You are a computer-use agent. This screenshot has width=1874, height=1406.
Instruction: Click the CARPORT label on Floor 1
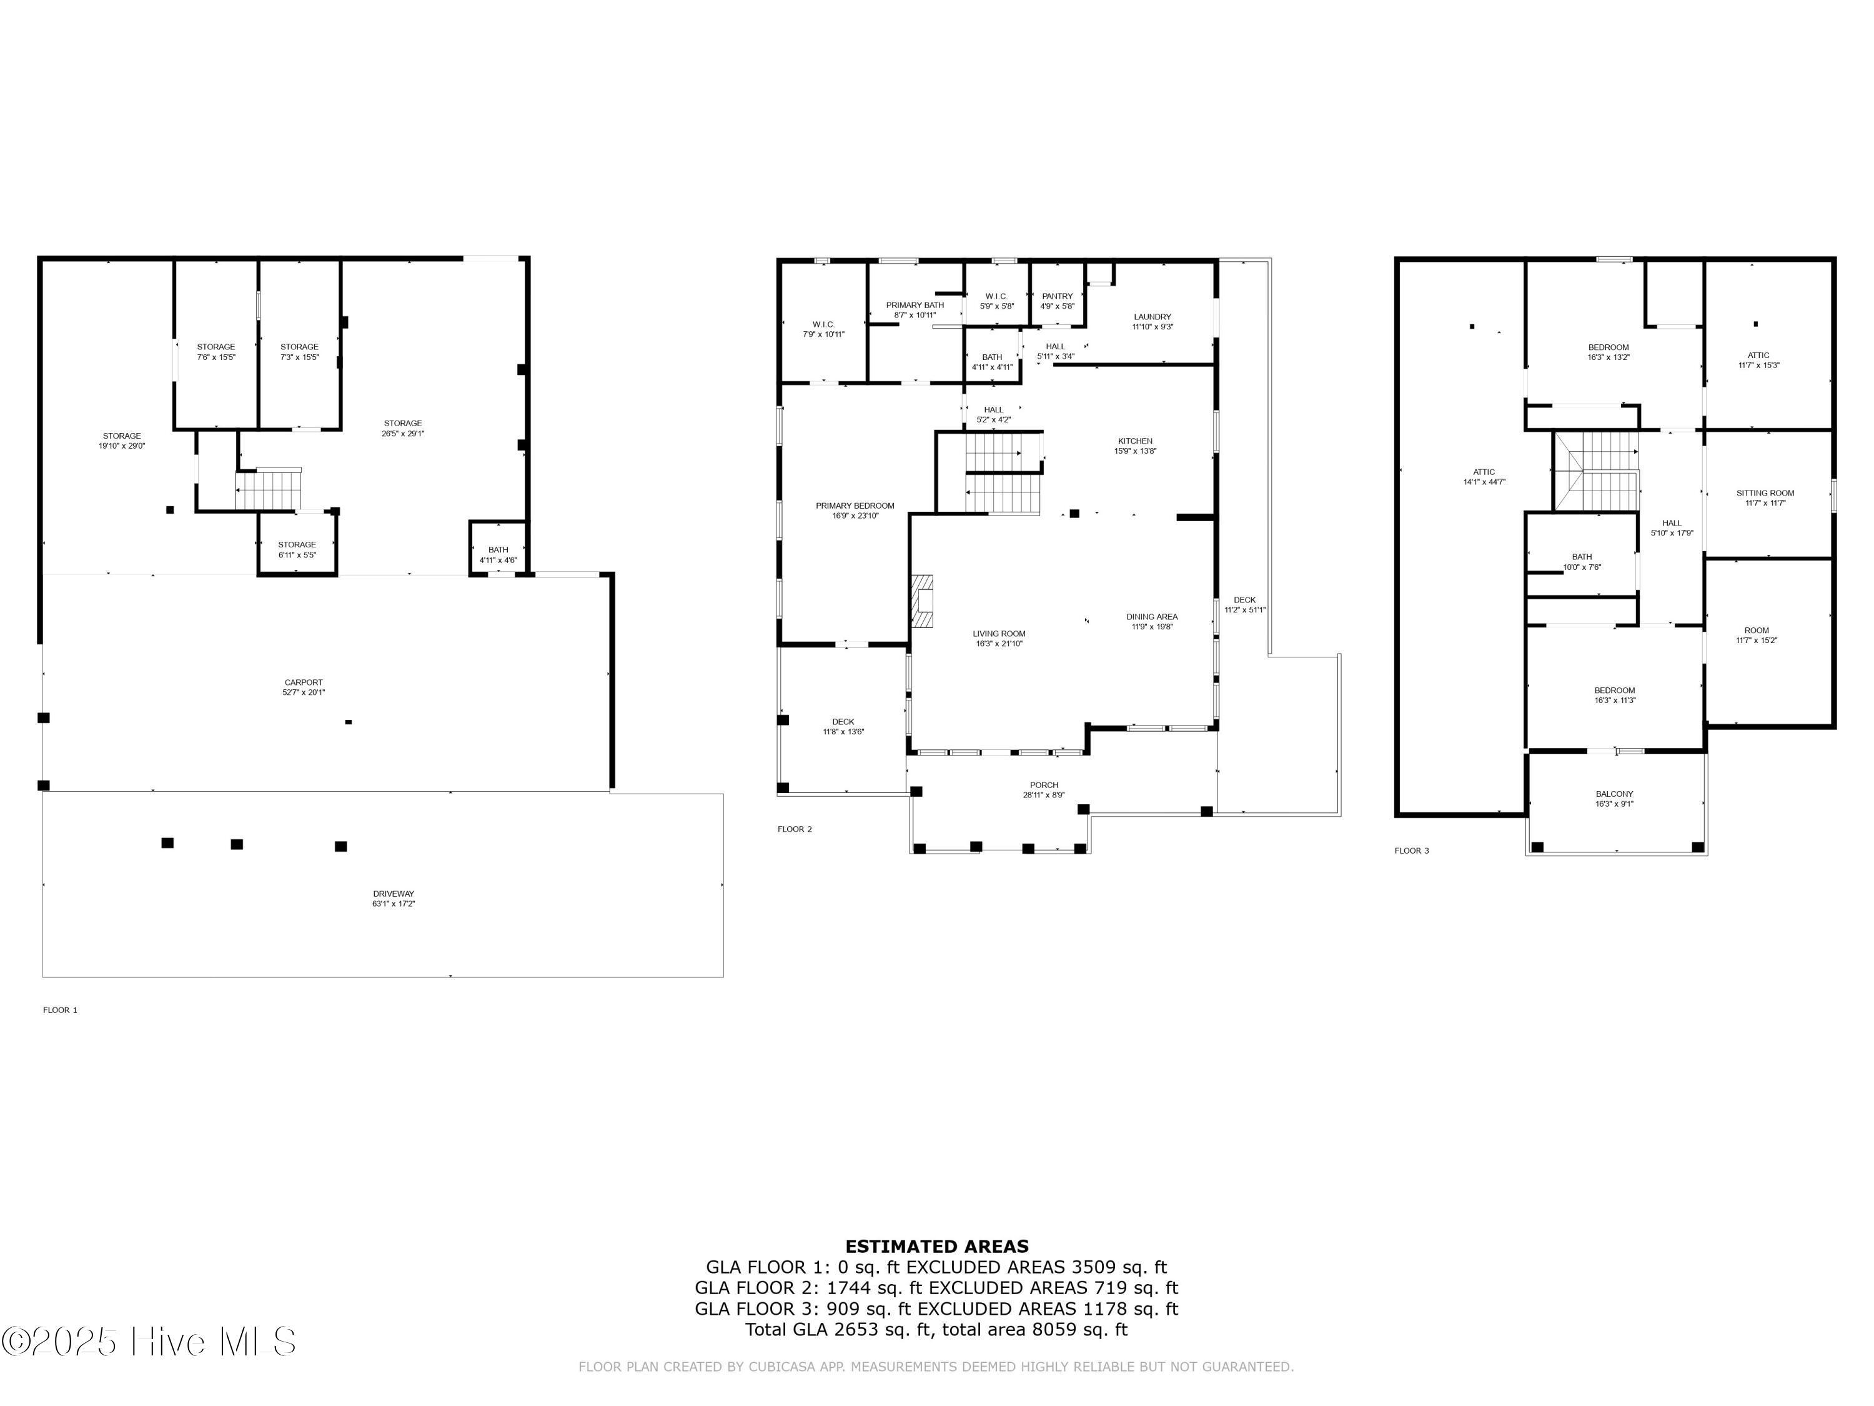pyautogui.click(x=304, y=682)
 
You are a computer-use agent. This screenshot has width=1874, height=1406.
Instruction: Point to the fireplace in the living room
pyautogui.click(x=922, y=601)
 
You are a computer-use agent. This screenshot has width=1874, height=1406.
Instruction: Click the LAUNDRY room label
pyautogui.click(x=1151, y=317)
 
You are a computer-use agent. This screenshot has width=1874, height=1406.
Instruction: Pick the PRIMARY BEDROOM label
pyautogui.click(x=854, y=506)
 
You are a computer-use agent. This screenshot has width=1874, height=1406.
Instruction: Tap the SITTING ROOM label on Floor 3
pyautogui.click(x=1765, y=493)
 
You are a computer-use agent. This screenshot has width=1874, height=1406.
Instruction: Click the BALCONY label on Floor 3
pyautogui.click(x=1614, y=794)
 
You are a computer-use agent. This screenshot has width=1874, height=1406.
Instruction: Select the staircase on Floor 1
pyautogui.click(x=268, y=490)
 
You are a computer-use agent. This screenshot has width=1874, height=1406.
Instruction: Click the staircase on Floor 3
pyautogui.click(x=1597, y=471)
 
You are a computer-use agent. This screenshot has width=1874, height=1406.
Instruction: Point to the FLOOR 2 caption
pyautogui.click(x=794, y=829)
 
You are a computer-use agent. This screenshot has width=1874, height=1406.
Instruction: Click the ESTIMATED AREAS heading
pyautogui.click(x=936, y=1247)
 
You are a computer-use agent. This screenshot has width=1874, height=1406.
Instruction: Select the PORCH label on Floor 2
pyautogui.click(x=1044, y=785)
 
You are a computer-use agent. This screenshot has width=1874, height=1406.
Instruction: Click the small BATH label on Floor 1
pyautogui.click(x=498, y=550)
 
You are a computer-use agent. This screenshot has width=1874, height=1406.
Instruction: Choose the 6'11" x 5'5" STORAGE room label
pyautogui.click(x=297, y=545)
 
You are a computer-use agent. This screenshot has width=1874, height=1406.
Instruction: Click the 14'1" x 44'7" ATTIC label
pyautogui.click(x=1484, y=472)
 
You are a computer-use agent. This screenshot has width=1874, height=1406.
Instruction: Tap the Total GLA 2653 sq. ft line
pyautogui.click(x=936, y=1329)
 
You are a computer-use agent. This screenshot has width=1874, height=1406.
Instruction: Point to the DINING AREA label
pyautogui.click(x=1151, y=617)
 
